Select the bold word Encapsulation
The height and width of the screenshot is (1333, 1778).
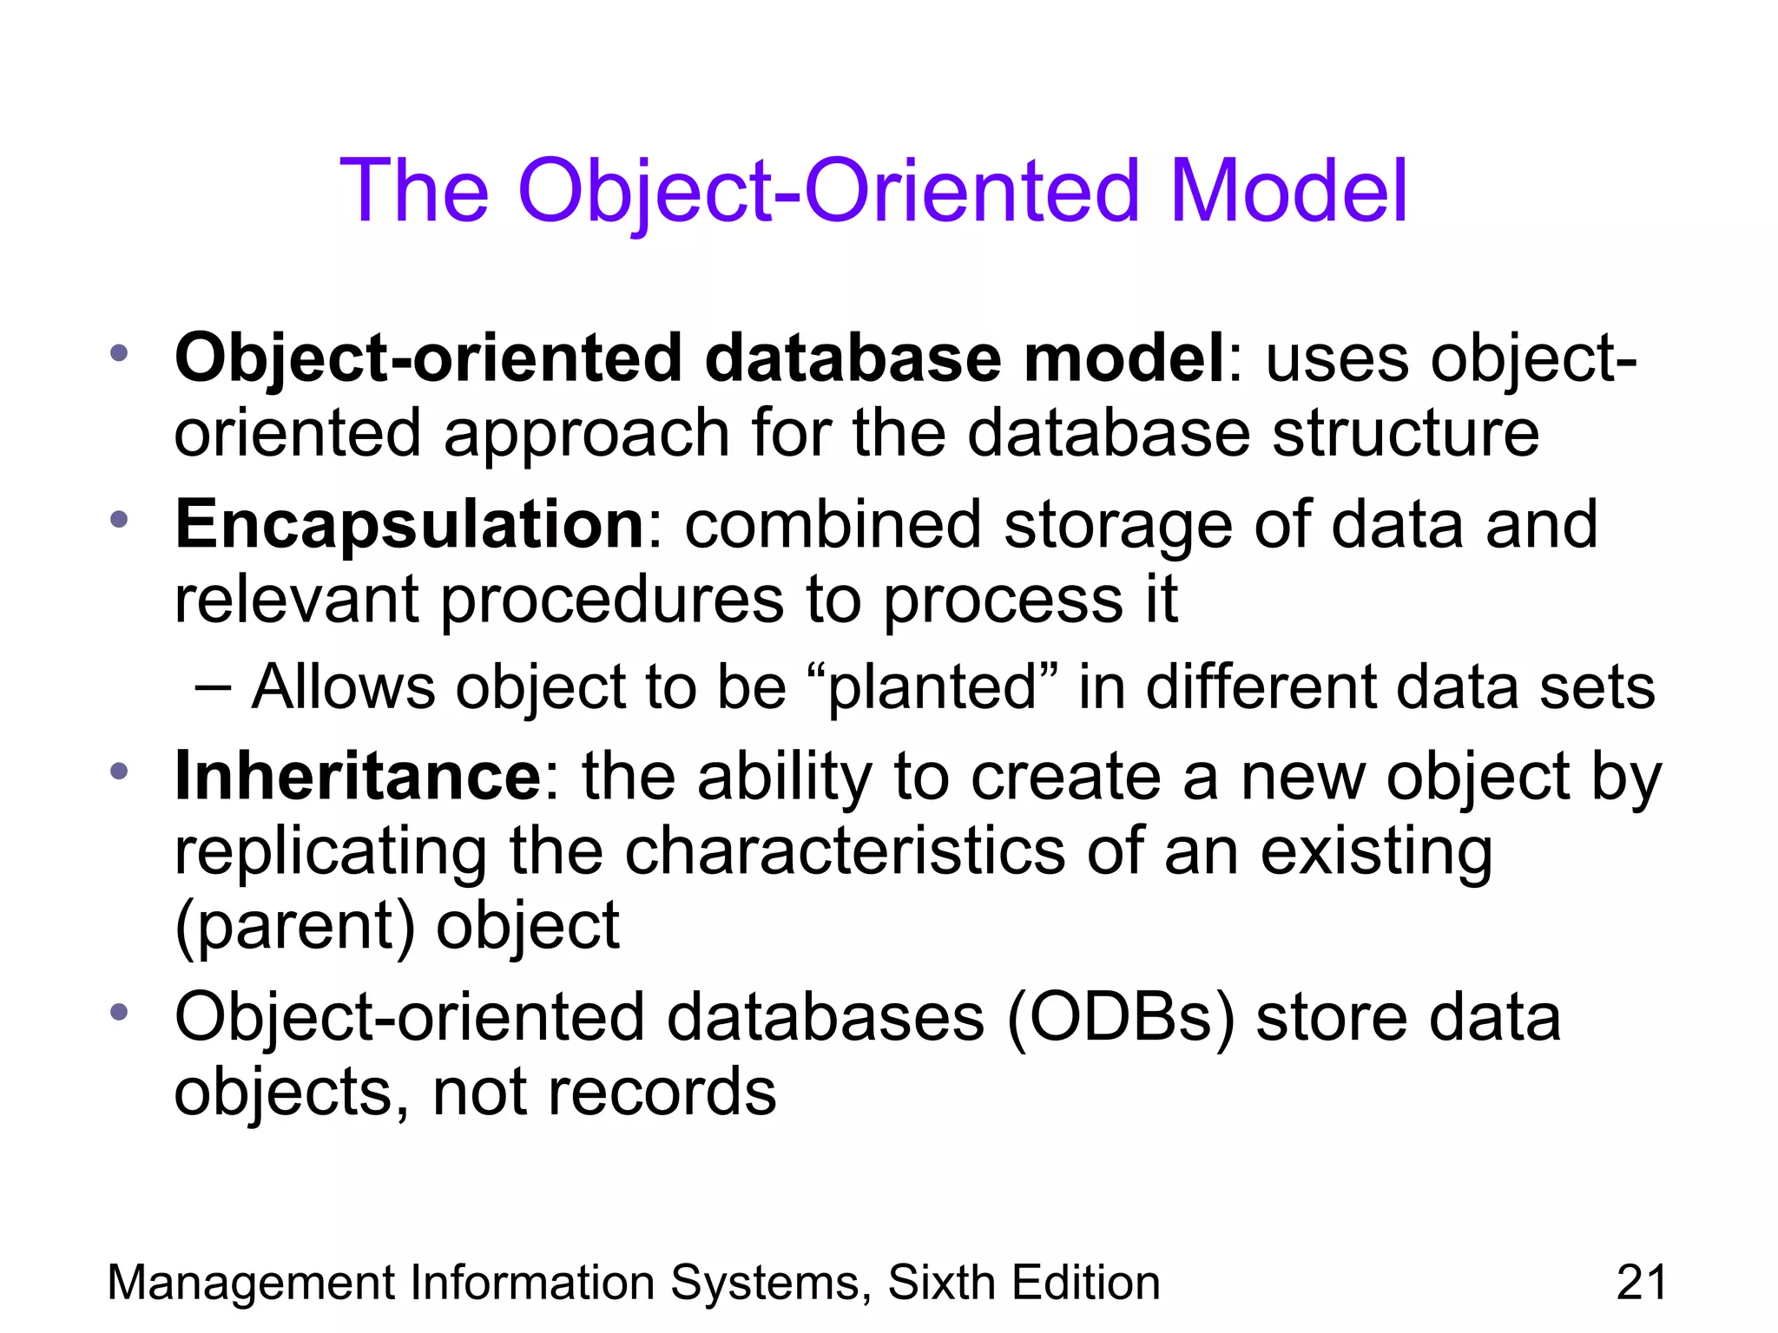(x=409, y=525)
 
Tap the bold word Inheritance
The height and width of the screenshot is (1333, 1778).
(x=358, y=776)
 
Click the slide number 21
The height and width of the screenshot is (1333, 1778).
(x=1641, y=1283)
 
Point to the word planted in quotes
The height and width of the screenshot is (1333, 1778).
(x=932, y=687)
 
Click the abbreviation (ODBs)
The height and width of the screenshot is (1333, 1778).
(x=1121, y=1017)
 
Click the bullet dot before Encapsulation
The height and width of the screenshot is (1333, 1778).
(x=119, y=520)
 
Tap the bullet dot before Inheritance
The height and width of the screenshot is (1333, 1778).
(x=119, y=771)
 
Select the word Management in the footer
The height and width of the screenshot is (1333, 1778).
(x=251, y=1283)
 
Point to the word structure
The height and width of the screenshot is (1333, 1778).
(x=1406, y=433)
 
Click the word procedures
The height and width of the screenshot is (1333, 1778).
(x=612, y=600)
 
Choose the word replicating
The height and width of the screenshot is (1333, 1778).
(x=331, y=852)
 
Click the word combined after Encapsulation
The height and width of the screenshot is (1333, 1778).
(x=833, y=525)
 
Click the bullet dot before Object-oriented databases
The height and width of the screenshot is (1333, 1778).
(x=119, y=1012)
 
